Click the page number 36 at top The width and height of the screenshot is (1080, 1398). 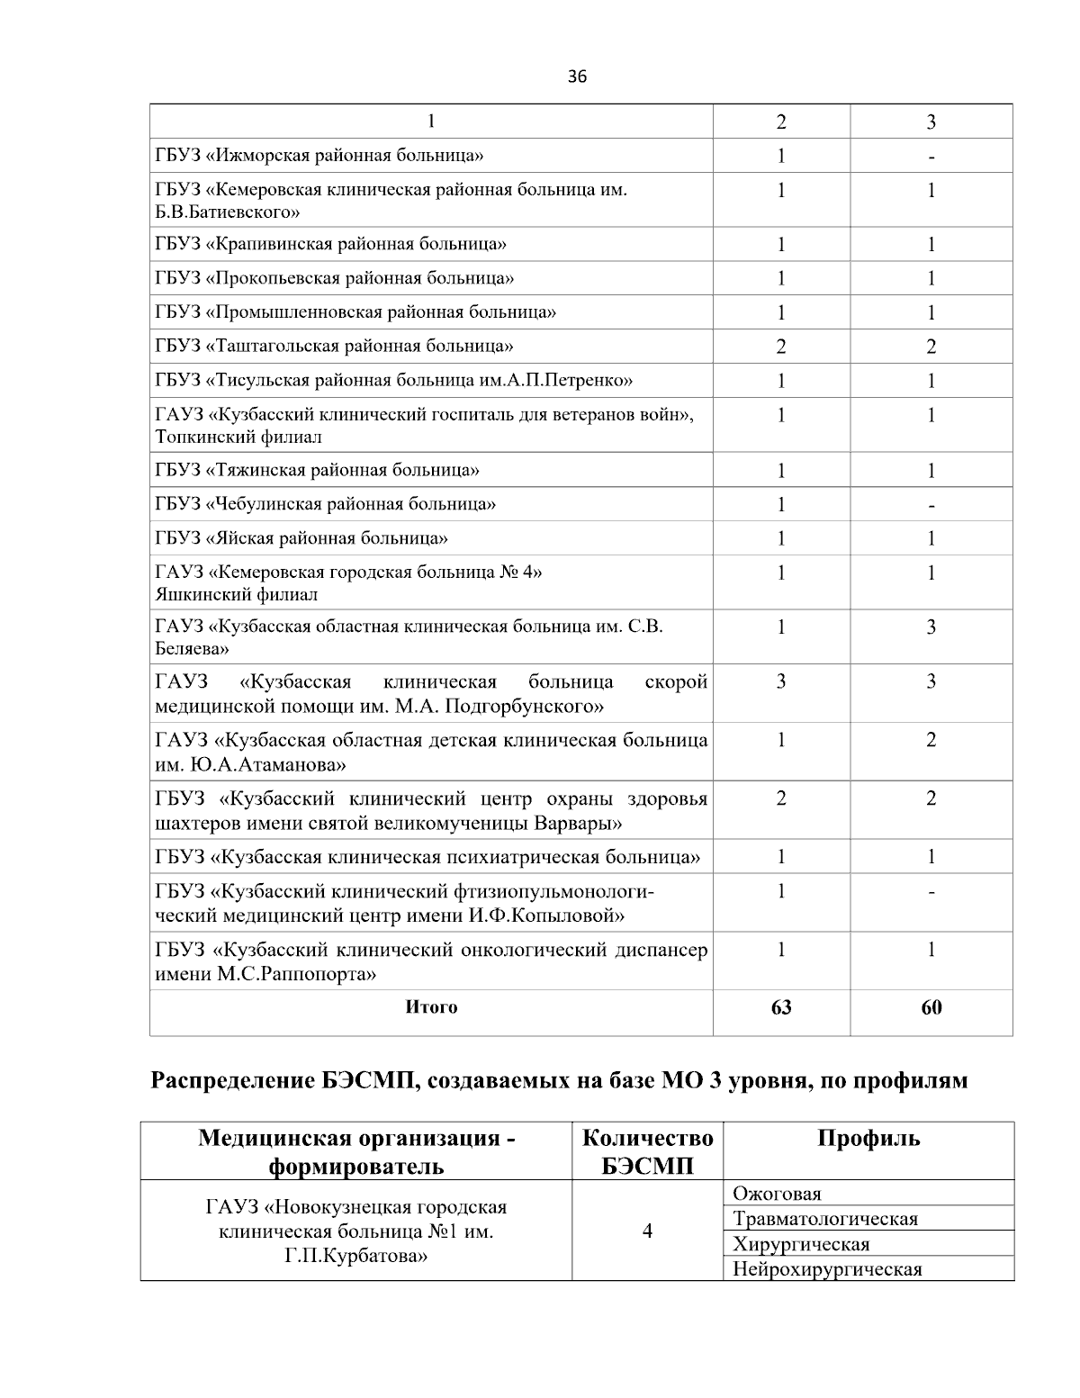pyautogui.click(x=577, y=77)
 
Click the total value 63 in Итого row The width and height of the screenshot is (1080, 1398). pyautogui.click(x=780, y=1007)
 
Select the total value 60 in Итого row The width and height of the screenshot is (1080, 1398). pyautogui.click(x=931, y=1007)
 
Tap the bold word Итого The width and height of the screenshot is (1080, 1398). pyautogui.click(x=431, y=1007)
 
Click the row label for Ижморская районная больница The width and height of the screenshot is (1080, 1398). pyautogui.click(x=319, y=156)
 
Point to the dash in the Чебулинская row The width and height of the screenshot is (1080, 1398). pyautogui.click(x=931, y=505)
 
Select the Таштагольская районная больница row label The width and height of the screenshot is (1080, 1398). pyautogui.click(x=334, y=346)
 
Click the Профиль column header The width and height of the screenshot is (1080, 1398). pyautogui.click(x=868, y=1138)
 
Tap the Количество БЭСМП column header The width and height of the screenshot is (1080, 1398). pyautogui.click(x=647, y=1151)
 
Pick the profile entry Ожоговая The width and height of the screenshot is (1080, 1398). pyautogui.click(x=777, y=1194)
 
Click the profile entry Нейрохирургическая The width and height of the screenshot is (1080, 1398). pyautogui.click(x=827, y=1269)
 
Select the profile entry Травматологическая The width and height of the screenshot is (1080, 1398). pyautogui.click(x=825, y=1219)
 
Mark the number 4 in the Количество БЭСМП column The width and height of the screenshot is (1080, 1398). pyautogui.click(x=647, y=1231)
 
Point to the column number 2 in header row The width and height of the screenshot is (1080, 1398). pyautogui.click(x=780, y=122)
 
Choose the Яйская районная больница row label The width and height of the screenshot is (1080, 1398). pyautogui.click(x=301, y=538)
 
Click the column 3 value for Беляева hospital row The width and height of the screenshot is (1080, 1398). pyautogui.click(x=931, y=627)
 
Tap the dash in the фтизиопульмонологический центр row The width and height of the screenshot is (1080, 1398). pyautogui.click(x=931, y=893)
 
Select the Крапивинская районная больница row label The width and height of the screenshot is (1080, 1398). pyautogui.click(x=330, y=244)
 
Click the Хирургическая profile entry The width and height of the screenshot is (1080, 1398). pyautogui.click(x=801, y=1244)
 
